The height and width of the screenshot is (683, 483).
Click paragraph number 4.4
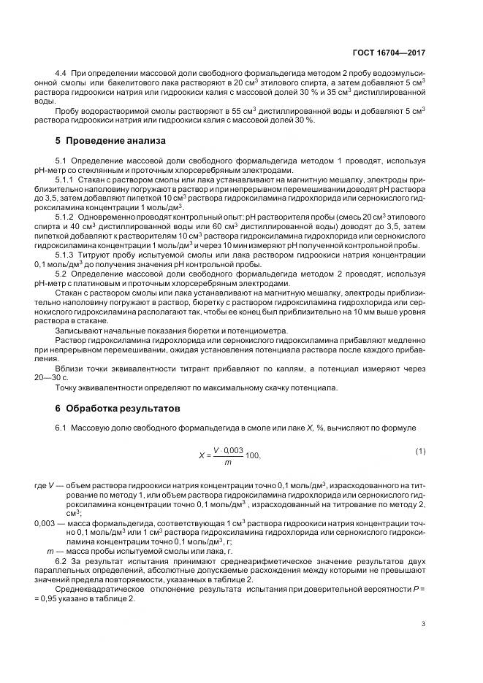61,75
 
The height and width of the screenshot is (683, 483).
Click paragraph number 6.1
61,426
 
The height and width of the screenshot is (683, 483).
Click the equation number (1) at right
420,451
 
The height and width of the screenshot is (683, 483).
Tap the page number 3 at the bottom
423,622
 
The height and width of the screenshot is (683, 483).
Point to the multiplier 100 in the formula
253,456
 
